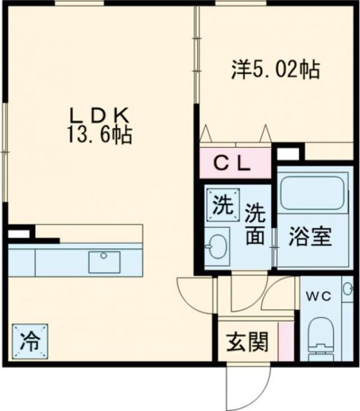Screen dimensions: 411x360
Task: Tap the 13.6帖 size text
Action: pos(100,136)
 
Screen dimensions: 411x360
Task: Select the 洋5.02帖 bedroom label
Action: pos(275,70)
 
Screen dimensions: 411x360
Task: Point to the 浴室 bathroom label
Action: pos(310,237)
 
